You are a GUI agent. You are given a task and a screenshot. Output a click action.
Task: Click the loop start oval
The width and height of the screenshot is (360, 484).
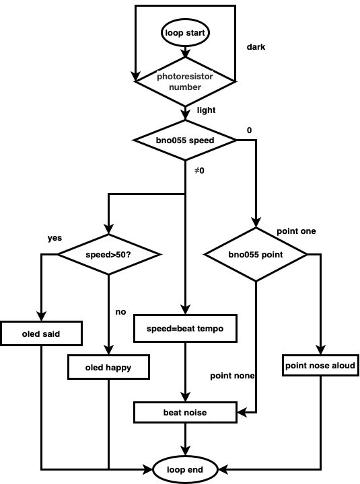[x=185, y=33]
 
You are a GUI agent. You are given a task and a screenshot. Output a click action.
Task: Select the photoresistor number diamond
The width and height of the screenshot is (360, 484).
[x=185, y=81]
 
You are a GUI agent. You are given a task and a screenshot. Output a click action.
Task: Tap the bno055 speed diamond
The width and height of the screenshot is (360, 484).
[x=185, y=140]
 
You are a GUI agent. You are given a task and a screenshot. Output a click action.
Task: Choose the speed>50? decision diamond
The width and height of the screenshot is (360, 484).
[x=108, y=255]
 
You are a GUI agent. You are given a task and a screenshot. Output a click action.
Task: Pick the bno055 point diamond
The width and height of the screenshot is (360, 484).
[x=256, y=255]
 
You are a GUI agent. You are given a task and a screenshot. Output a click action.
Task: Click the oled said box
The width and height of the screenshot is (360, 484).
[x=41, y=333]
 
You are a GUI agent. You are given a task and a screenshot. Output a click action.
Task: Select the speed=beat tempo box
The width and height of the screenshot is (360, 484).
[x=185, y=329]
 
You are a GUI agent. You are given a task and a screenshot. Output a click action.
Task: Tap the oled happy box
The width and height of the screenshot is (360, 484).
[x=108, y=368]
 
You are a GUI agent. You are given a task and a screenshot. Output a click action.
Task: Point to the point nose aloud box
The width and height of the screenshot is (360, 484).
[x=320, y=366]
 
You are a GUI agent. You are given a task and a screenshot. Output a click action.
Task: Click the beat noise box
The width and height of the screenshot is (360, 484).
[x=185, y=412]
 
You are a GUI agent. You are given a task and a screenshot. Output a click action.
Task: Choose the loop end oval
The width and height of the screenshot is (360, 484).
[x=185, y=470]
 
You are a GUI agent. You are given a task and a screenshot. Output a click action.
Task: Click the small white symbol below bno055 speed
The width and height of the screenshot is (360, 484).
[x=196, y=170]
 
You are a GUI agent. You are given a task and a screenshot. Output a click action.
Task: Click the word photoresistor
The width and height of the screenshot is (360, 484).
[x=185, y=77]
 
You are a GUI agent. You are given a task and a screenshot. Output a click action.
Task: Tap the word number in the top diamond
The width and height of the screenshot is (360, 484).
[x=185, y=87]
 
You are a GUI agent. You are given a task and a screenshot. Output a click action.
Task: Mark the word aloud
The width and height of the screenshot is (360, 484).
[x=343, y=366]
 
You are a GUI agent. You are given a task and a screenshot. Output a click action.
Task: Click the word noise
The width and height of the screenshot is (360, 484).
[x=195, y=412]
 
